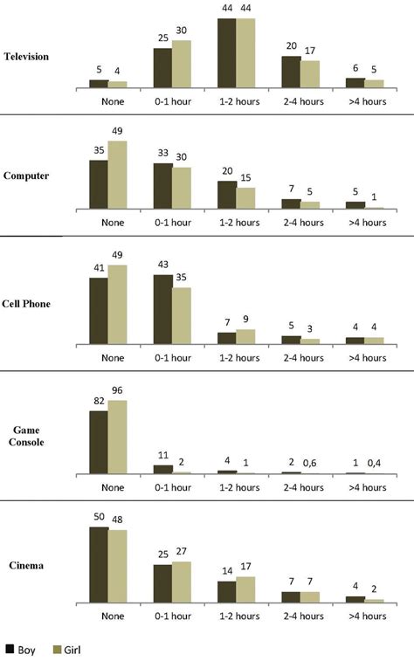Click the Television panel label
26,57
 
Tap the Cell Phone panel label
27,304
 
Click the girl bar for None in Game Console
117,437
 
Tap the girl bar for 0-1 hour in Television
181,64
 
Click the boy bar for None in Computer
99,184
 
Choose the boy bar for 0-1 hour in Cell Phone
162,309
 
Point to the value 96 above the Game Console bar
118,392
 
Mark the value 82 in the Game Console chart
99,403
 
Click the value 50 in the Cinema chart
99,519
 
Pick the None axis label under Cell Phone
112,356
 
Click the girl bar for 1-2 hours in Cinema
245,589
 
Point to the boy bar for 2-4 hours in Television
291,72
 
